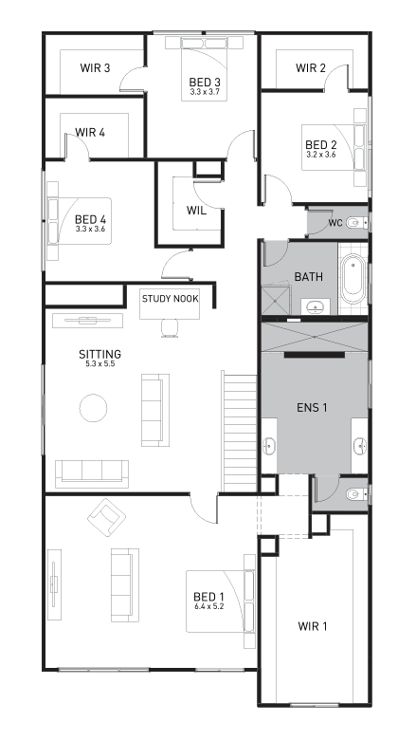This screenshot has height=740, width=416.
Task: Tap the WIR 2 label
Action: [311, 68]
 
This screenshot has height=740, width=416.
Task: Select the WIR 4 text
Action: [89, 132]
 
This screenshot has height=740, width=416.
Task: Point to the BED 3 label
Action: [205, 83]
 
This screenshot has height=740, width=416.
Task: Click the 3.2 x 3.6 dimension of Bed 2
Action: [321, 154]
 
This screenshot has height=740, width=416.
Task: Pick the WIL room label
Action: [197, 210]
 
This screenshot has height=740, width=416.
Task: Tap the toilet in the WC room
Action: [355, 223]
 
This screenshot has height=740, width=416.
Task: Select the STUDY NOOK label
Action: [170, 299]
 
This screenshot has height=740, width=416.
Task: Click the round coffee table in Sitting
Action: [93, 408]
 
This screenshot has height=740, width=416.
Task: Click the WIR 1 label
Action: [312, 626]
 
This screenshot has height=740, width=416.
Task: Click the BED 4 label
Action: [91, 218]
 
